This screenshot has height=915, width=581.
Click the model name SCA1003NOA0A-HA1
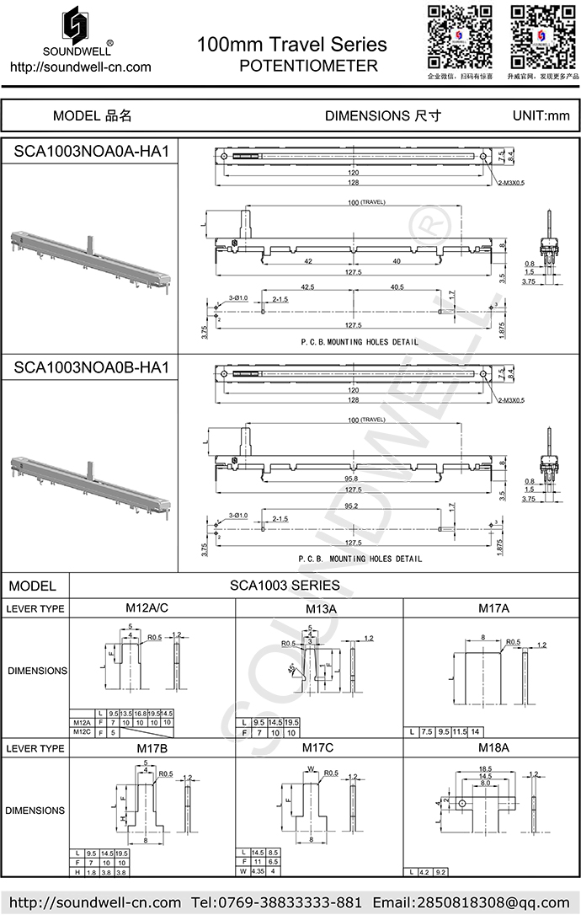(92, 152)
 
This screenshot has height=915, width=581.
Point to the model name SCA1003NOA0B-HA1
(92, 368)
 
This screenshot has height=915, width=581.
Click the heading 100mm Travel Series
(292, 45)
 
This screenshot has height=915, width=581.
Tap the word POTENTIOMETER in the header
(308, 66)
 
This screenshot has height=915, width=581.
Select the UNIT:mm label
(541, 115)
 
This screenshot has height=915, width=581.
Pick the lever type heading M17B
(152, 747)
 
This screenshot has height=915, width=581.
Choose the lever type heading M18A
(491, 747)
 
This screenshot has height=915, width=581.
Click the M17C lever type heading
(318, 747)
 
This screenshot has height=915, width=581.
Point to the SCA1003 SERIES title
(285, 585)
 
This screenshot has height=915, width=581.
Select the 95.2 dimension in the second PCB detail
(351, 506)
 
